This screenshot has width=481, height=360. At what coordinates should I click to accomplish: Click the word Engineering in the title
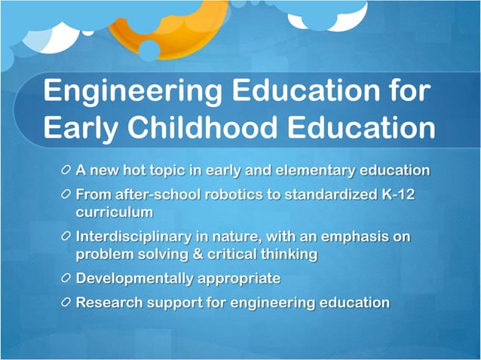[133, 92]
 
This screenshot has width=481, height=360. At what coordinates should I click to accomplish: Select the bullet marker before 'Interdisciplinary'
[66, 236]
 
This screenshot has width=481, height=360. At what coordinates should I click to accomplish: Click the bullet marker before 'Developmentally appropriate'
[66, 279]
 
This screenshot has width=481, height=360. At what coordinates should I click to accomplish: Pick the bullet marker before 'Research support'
[66, 303]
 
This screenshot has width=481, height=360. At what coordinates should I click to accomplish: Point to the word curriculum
[114, 212]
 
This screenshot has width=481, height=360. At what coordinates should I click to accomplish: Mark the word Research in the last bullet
[106, 303]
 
